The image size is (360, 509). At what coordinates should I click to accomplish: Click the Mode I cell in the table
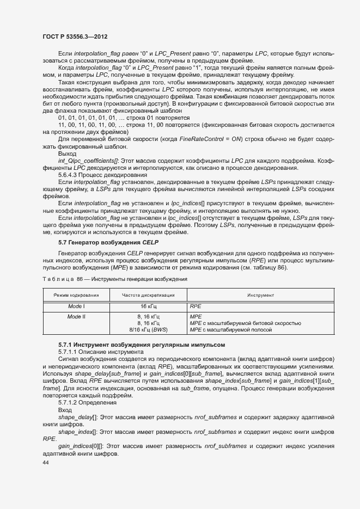tap(76, 306)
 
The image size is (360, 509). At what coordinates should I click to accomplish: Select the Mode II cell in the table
tap(76, 316)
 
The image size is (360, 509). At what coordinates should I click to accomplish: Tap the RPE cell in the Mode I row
tap(195, 306)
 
